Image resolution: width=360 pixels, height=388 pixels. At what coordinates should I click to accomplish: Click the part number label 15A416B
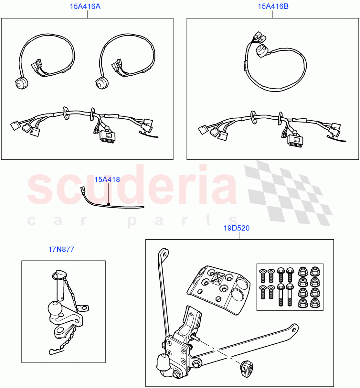click(x=273, y=6)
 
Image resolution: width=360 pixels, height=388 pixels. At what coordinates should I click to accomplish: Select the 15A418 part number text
click(x=107, y=179)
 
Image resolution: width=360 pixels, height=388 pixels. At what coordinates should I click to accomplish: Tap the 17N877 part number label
click(x=61, y=249)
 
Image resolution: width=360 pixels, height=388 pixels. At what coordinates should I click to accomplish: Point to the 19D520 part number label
click(x=236, y=228)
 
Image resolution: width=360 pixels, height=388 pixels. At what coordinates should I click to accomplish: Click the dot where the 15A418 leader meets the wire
click(x=109, y=204)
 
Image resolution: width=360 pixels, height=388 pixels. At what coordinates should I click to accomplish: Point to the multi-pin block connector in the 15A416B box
click(x=295, y=140)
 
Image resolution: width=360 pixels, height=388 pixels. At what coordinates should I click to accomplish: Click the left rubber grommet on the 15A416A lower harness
click(x=66, y=112)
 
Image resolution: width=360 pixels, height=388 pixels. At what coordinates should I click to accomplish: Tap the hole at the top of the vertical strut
click(x=165, y=254)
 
